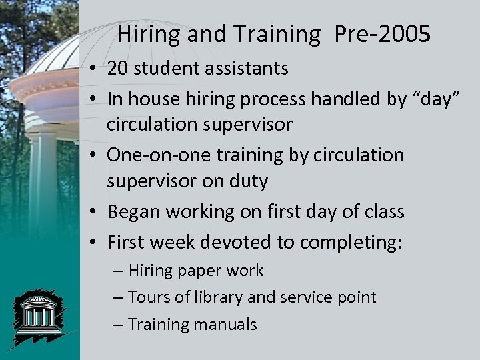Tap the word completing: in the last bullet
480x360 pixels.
(x=351, y=242)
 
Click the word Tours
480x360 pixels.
(x=148, y=297)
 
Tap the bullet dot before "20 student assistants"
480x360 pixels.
(x=97, y=69)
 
